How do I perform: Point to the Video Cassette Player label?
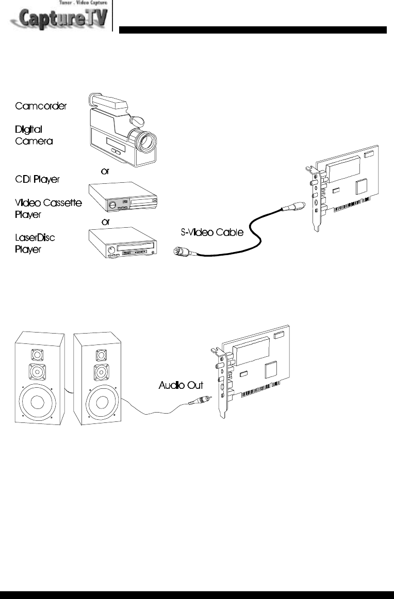coord(48,208)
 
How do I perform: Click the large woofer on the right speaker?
coord(97,404)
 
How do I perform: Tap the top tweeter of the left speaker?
coord(37,355)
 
